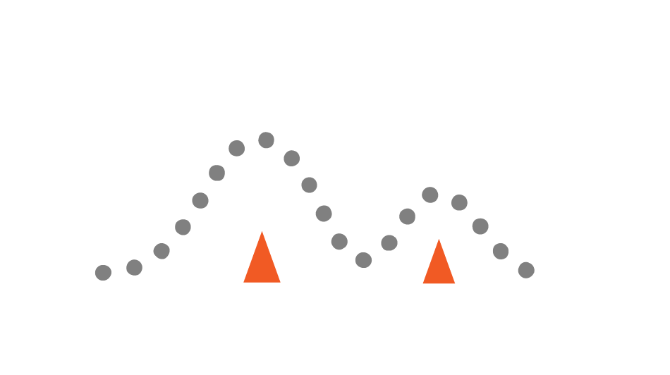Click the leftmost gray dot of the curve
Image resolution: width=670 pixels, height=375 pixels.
[x=103, y=273]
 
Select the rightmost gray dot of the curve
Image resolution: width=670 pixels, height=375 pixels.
[x=526, y=270]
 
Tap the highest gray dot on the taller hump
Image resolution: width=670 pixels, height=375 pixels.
[x=266, y=140]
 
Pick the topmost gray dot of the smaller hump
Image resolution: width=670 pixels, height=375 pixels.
[x=430, y=195]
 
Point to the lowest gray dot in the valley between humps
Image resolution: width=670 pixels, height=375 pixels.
[x=363, y=260]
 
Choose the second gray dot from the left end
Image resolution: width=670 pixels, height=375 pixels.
[x=134, y=267]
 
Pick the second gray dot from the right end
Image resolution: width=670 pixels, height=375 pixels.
[x=501, y=251]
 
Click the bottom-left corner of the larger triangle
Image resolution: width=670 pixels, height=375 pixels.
[x=243, y=282]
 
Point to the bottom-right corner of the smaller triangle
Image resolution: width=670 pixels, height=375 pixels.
[x=456, y=283]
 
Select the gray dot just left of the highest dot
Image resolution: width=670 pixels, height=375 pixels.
[x=237, y=148]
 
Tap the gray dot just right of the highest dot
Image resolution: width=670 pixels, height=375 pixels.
[x=292, y=158]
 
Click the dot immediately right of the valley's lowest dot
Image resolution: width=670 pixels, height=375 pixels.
[x=389, y=242]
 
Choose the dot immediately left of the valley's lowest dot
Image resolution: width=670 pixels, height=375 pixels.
[x=339, y=242]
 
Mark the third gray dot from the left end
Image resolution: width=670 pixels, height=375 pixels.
[x=162, y=251]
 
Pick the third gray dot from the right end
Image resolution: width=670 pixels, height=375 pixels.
[x=480, y=226]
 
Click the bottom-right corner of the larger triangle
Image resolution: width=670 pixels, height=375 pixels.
[x=281, y=282]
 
